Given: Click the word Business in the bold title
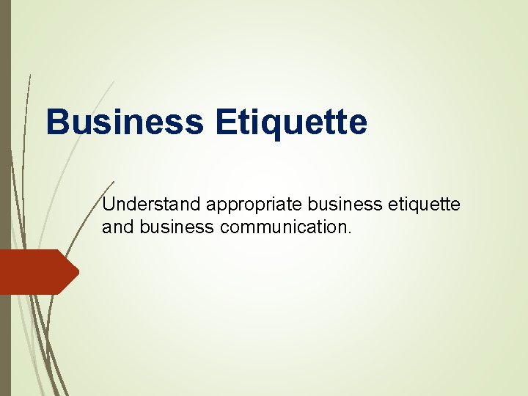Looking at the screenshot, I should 124,122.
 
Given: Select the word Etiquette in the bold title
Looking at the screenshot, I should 291,122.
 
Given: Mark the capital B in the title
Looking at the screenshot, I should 56,122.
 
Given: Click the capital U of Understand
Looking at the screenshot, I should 108,205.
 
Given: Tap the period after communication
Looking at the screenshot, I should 350,232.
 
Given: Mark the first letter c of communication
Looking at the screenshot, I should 223,228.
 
